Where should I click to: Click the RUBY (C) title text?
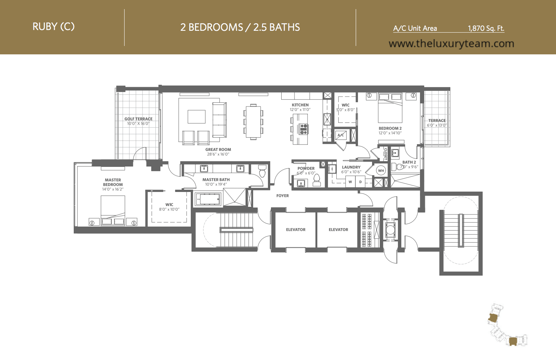pos(54,27)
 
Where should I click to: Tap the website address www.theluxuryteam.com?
pos(451,44)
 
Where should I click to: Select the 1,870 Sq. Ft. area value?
pos(486,28)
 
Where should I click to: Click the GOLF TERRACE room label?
pos(138,119)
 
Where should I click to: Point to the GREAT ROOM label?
pos(218,149)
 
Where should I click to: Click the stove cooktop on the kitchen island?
pos(304,129)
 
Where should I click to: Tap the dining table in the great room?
pos(253,122)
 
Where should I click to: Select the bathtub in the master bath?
pos(208,199)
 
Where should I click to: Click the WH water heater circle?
pos(381,171)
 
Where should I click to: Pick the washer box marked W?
pos(350,181)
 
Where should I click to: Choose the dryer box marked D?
pos(360,181)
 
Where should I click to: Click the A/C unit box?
pos(341,135)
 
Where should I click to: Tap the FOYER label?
pos(282,196)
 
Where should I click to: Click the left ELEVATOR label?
pos(296,230)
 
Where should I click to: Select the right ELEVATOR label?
pos(338,230)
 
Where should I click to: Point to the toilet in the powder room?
pos(317,180)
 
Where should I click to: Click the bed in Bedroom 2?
pos(390,108)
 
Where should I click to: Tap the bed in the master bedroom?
pos(113,211)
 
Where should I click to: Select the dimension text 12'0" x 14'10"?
pos(390,133)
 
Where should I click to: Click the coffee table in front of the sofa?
pos(196,117)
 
